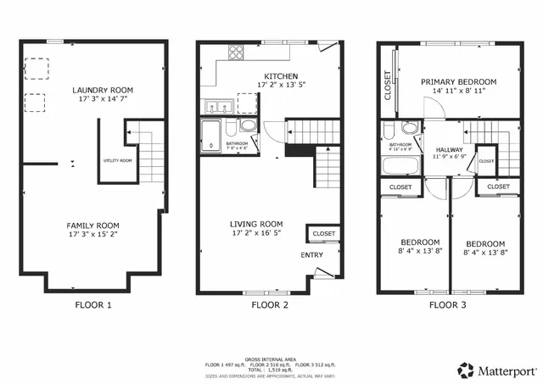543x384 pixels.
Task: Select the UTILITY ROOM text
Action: click(118, 160)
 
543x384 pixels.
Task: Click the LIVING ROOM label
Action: click(255, 225)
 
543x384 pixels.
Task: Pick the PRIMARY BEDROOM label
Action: click(459, 82)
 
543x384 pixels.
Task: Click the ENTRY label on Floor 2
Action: click(311, 254)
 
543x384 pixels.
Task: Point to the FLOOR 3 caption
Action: click(449, 304)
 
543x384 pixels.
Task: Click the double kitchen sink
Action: click(217, 107)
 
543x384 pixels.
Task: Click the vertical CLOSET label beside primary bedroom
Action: click(388, 85)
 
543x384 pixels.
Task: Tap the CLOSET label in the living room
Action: click(324, 234)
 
